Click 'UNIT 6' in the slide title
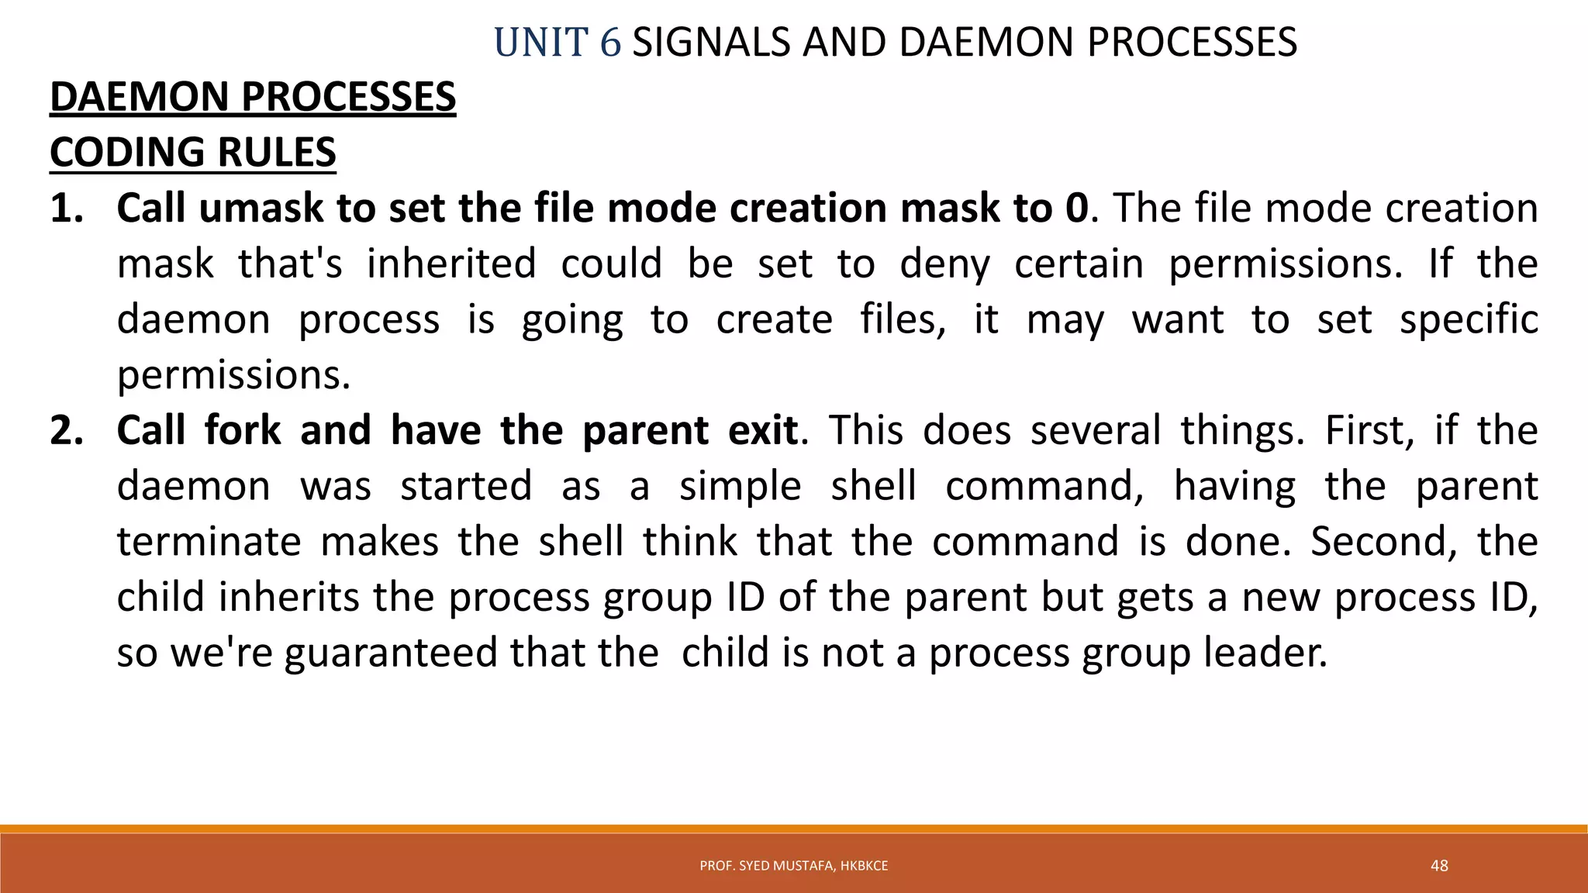pyautogui.click(x=557, y=43)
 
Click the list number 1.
pyautogui.click(x=66, y=209)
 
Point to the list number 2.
pyautogui.click(x=66, y=430)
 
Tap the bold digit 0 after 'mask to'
pyautogui.click(x=1076, y=209)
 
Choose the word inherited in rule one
pyautogui.click(x=451, y=264)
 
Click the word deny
pyautogui.click(x=944, y=264)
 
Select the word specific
pyautogui.click(x=1469, y=320)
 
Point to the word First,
pyautogui.click(x=1370, y=430)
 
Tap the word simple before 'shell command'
pyautogui.click(x=740, y=486)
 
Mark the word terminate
pyautogui.click(x=209, y=542)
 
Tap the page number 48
pyautogui.click(x=1439, y=866)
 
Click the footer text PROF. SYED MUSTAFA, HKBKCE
pyautogui.click(x=793, y=866)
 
